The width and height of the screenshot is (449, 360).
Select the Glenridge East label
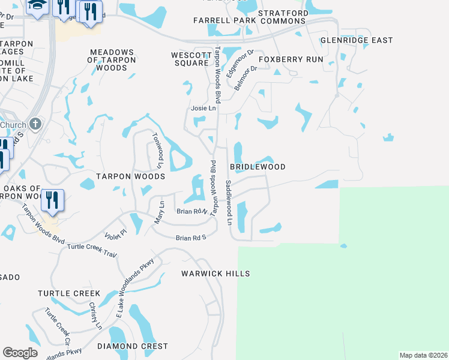coord(357,40)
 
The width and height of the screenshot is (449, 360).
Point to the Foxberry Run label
coord(291,60)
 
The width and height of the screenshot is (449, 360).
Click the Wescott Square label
coord(190,59)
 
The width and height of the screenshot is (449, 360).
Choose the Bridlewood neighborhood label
coord(258,167)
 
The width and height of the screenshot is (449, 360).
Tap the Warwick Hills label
coord(215,274)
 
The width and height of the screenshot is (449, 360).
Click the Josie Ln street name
coord(203,109)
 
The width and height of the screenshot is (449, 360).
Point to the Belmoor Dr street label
coord(246,77)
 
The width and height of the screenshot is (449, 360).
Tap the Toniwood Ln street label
coord(158,150)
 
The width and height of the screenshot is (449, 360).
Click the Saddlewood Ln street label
coord(229,202)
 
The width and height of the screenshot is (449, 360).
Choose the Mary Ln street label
coord(159,212)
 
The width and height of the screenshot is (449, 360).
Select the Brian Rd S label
coord(191,238)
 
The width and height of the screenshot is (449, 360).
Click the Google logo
coord(20,353)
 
